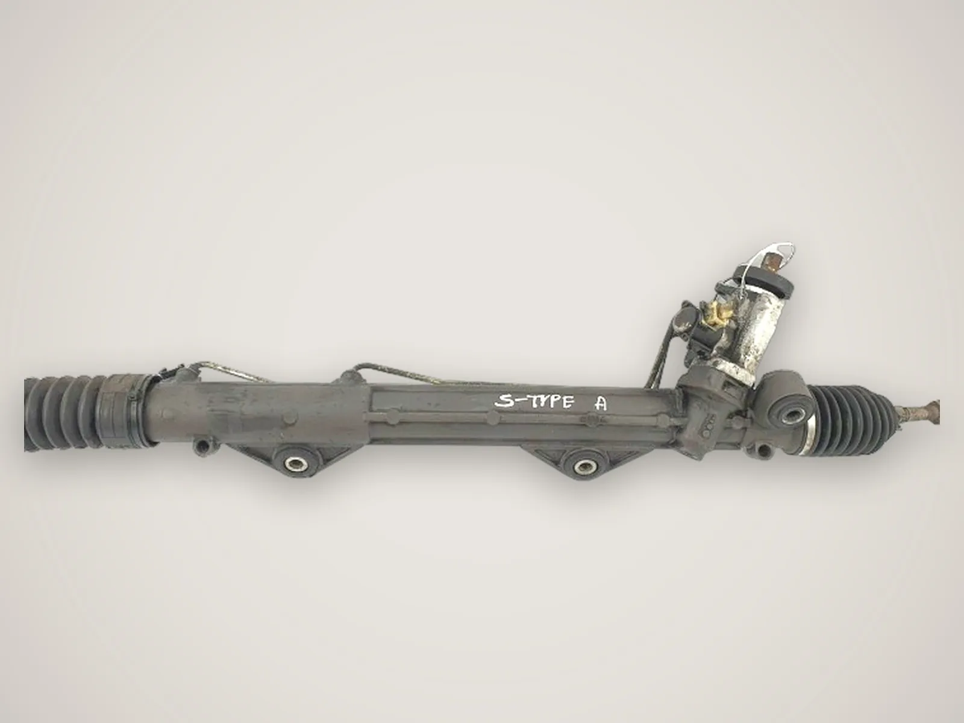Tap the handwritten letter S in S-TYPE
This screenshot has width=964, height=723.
click(502, 401)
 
